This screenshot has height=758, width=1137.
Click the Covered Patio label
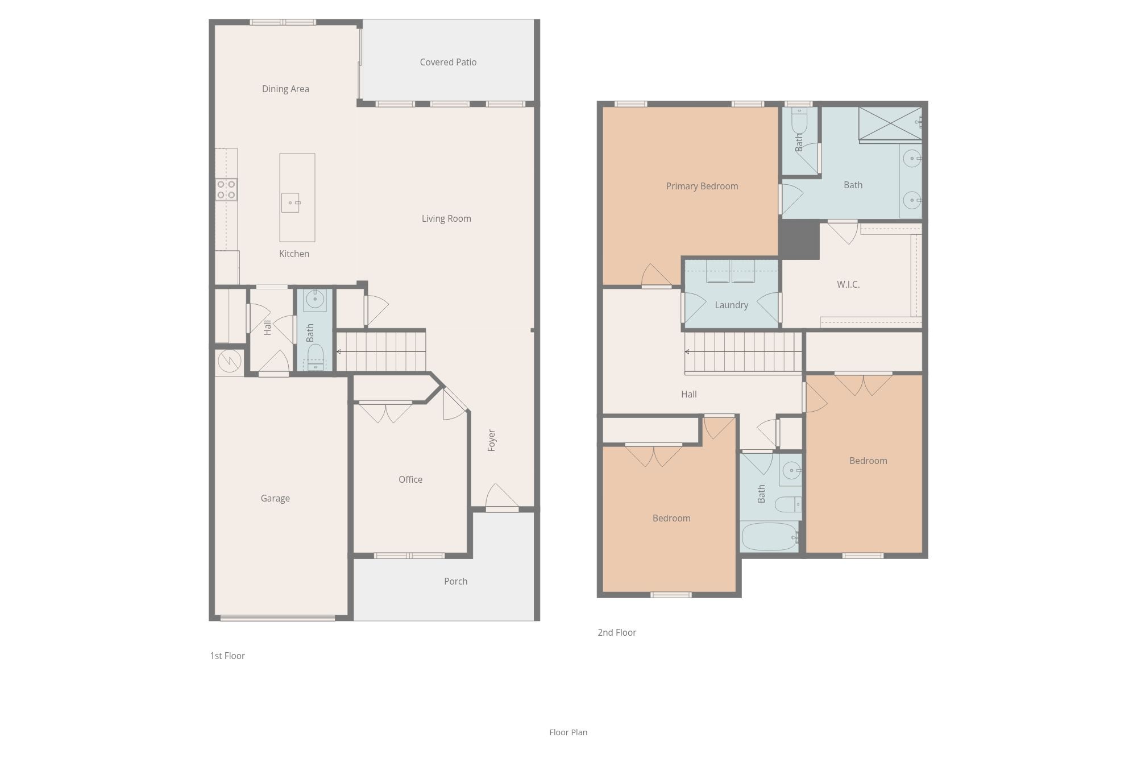[x=448, y=62]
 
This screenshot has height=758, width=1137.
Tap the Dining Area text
[x=285, y=89]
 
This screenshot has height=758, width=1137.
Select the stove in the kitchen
[x=226, y=189]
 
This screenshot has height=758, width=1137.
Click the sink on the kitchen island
[x=291, y=202]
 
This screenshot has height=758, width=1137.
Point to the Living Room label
[x=446, y=218]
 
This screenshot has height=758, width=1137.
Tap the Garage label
[x=275, y=498]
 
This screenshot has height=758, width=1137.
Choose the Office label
[x=410, y=479]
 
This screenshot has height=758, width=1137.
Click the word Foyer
[x=492, y=441]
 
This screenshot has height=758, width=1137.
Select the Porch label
[x=456, y=581]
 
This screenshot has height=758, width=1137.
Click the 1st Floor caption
[x=227, y=656]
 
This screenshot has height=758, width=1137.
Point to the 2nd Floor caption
[x=617, y=632]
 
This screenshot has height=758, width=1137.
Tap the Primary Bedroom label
[x=702, y=186]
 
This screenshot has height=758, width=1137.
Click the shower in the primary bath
[x=890, y=123]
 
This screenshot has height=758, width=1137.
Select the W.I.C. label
[x=848, y=284]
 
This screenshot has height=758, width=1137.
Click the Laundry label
[x=732, y=305]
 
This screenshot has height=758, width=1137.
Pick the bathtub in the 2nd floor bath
[x=770, y=537]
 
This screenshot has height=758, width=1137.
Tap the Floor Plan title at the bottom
[x=568, y=732]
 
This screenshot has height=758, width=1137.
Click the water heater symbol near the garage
[x=229, y=361]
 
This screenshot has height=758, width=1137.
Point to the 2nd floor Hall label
[x=689, y=394]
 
